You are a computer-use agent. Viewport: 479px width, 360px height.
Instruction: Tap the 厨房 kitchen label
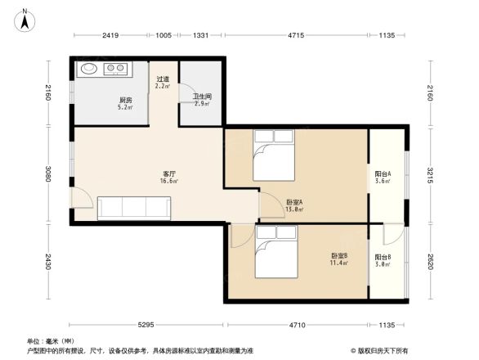point(125,101)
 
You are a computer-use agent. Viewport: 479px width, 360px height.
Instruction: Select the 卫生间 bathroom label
point(202,97)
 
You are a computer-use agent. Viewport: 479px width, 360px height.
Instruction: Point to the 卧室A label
point(294,202)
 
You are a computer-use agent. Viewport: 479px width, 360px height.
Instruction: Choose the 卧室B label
point(338,256)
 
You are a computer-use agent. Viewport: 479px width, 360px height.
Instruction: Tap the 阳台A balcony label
point(383,174)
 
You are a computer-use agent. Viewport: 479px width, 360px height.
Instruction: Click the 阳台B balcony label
point(383,258)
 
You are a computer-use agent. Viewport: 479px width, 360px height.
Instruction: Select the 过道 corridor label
point(163,79)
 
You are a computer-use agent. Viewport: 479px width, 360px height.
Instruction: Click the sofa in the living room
point(134,208)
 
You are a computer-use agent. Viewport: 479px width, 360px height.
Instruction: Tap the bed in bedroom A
point(275,155)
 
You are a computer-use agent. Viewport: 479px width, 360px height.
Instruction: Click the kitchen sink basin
point(90,70)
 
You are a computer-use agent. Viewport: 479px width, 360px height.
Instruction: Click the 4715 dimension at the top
point(296,35)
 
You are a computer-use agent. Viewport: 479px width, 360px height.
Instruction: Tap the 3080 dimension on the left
point(48,173)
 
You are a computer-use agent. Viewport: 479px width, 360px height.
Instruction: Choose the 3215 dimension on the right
point(428,173)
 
